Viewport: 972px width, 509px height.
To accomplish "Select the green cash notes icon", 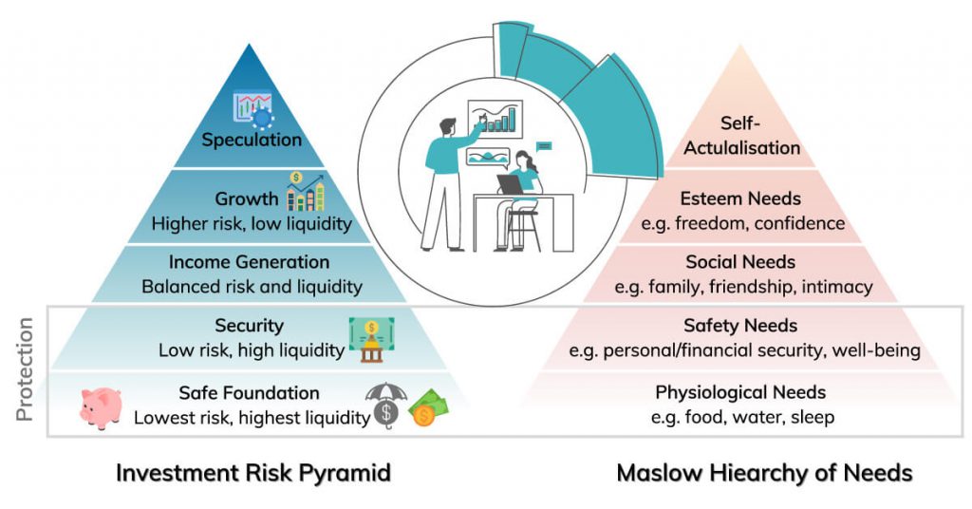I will pyautogui.click(x=429, y=409).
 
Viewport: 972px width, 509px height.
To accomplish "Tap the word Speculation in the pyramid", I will pyautogui.click(x=252, y=141).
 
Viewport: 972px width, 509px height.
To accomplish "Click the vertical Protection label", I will pyautogui.click(x=27, y=371).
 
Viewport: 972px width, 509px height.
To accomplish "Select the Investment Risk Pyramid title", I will pyautogui.click(x=253, y=473).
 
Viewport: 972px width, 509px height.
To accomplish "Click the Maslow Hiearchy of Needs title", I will pyautogui.click(x=764, y=473).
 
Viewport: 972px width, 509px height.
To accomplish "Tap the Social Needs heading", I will pyautogui.click(x=740, y=262).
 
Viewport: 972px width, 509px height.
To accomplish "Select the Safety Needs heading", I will pyautogui.click(x=740, y=327).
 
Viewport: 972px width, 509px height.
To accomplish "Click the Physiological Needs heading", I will pyautogui.click(x=740, y=392).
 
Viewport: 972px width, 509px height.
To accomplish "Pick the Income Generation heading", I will pyautogui.click(x=250, y=262).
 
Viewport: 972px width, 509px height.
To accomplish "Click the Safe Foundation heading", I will pyautogui.click(x=249, y=393).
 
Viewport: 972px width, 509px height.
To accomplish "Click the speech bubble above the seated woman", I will pyautogui.click(x=544, y=145).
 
